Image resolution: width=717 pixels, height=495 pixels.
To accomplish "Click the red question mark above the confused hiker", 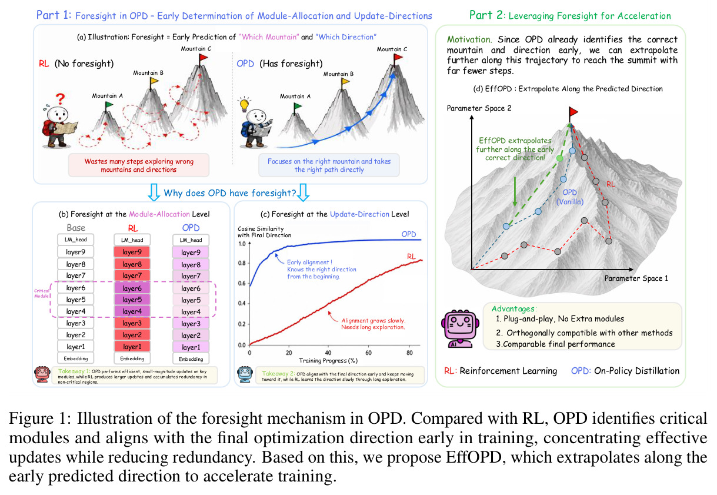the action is coord(60,99).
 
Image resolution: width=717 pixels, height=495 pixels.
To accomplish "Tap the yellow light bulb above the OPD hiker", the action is coord(244,104).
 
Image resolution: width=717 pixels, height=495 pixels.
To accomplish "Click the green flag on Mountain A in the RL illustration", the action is coord(108,106).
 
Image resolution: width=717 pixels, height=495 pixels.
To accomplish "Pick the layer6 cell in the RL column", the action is coord(132,288).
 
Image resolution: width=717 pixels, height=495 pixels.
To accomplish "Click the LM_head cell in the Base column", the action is coord(75,240).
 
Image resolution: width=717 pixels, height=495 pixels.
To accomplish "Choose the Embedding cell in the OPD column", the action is coord(191,359).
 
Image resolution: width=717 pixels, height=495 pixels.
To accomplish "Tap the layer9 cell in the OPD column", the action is coord(191,253).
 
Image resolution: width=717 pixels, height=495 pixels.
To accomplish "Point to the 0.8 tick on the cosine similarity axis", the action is coord(242,263).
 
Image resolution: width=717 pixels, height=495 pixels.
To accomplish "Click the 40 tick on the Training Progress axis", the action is coord(328,353).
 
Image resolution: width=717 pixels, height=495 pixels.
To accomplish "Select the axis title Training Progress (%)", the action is coord(328,361).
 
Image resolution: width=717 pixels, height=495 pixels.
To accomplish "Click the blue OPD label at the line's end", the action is coord(409,234).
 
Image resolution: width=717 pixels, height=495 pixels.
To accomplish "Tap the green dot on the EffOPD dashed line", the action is coord(559,158).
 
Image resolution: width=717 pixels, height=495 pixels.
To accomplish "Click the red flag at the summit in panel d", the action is coord(573,112).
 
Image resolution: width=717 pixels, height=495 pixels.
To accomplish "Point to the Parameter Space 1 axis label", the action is coord(636,278).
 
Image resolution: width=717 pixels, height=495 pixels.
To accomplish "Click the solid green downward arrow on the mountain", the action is coord(515,192).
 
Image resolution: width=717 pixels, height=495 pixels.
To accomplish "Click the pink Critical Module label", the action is coord(42,294).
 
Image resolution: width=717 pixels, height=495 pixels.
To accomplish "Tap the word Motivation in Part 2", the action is coord(469,39).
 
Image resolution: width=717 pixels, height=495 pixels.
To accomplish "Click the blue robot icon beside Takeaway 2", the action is coord(245,374).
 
